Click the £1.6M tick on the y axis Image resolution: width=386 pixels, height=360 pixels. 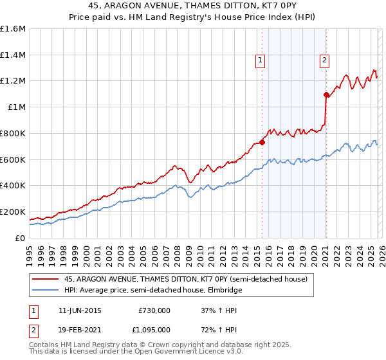pyautogui.click(x=13, y=29)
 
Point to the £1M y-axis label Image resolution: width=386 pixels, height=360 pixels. pyautogui.click(x=16, y=107)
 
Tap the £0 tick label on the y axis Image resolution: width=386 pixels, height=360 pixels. pyautogui.click(x=19, y=238)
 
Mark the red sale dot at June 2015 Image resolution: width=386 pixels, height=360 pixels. pyautogui.click(x=262, y=142)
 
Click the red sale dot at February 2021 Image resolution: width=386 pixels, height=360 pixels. pyautogui.click(x=326, y=94)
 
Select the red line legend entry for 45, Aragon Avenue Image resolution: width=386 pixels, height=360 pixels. pyautogui.click(x=187, y=279)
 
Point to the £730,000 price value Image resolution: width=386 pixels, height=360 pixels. pyautogui.click(x=154, y=310)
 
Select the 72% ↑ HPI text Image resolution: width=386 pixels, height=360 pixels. pyautogui.click(x=219, y=329)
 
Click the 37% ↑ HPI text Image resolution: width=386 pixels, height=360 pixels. pyautogui.click(x=219, y=310)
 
